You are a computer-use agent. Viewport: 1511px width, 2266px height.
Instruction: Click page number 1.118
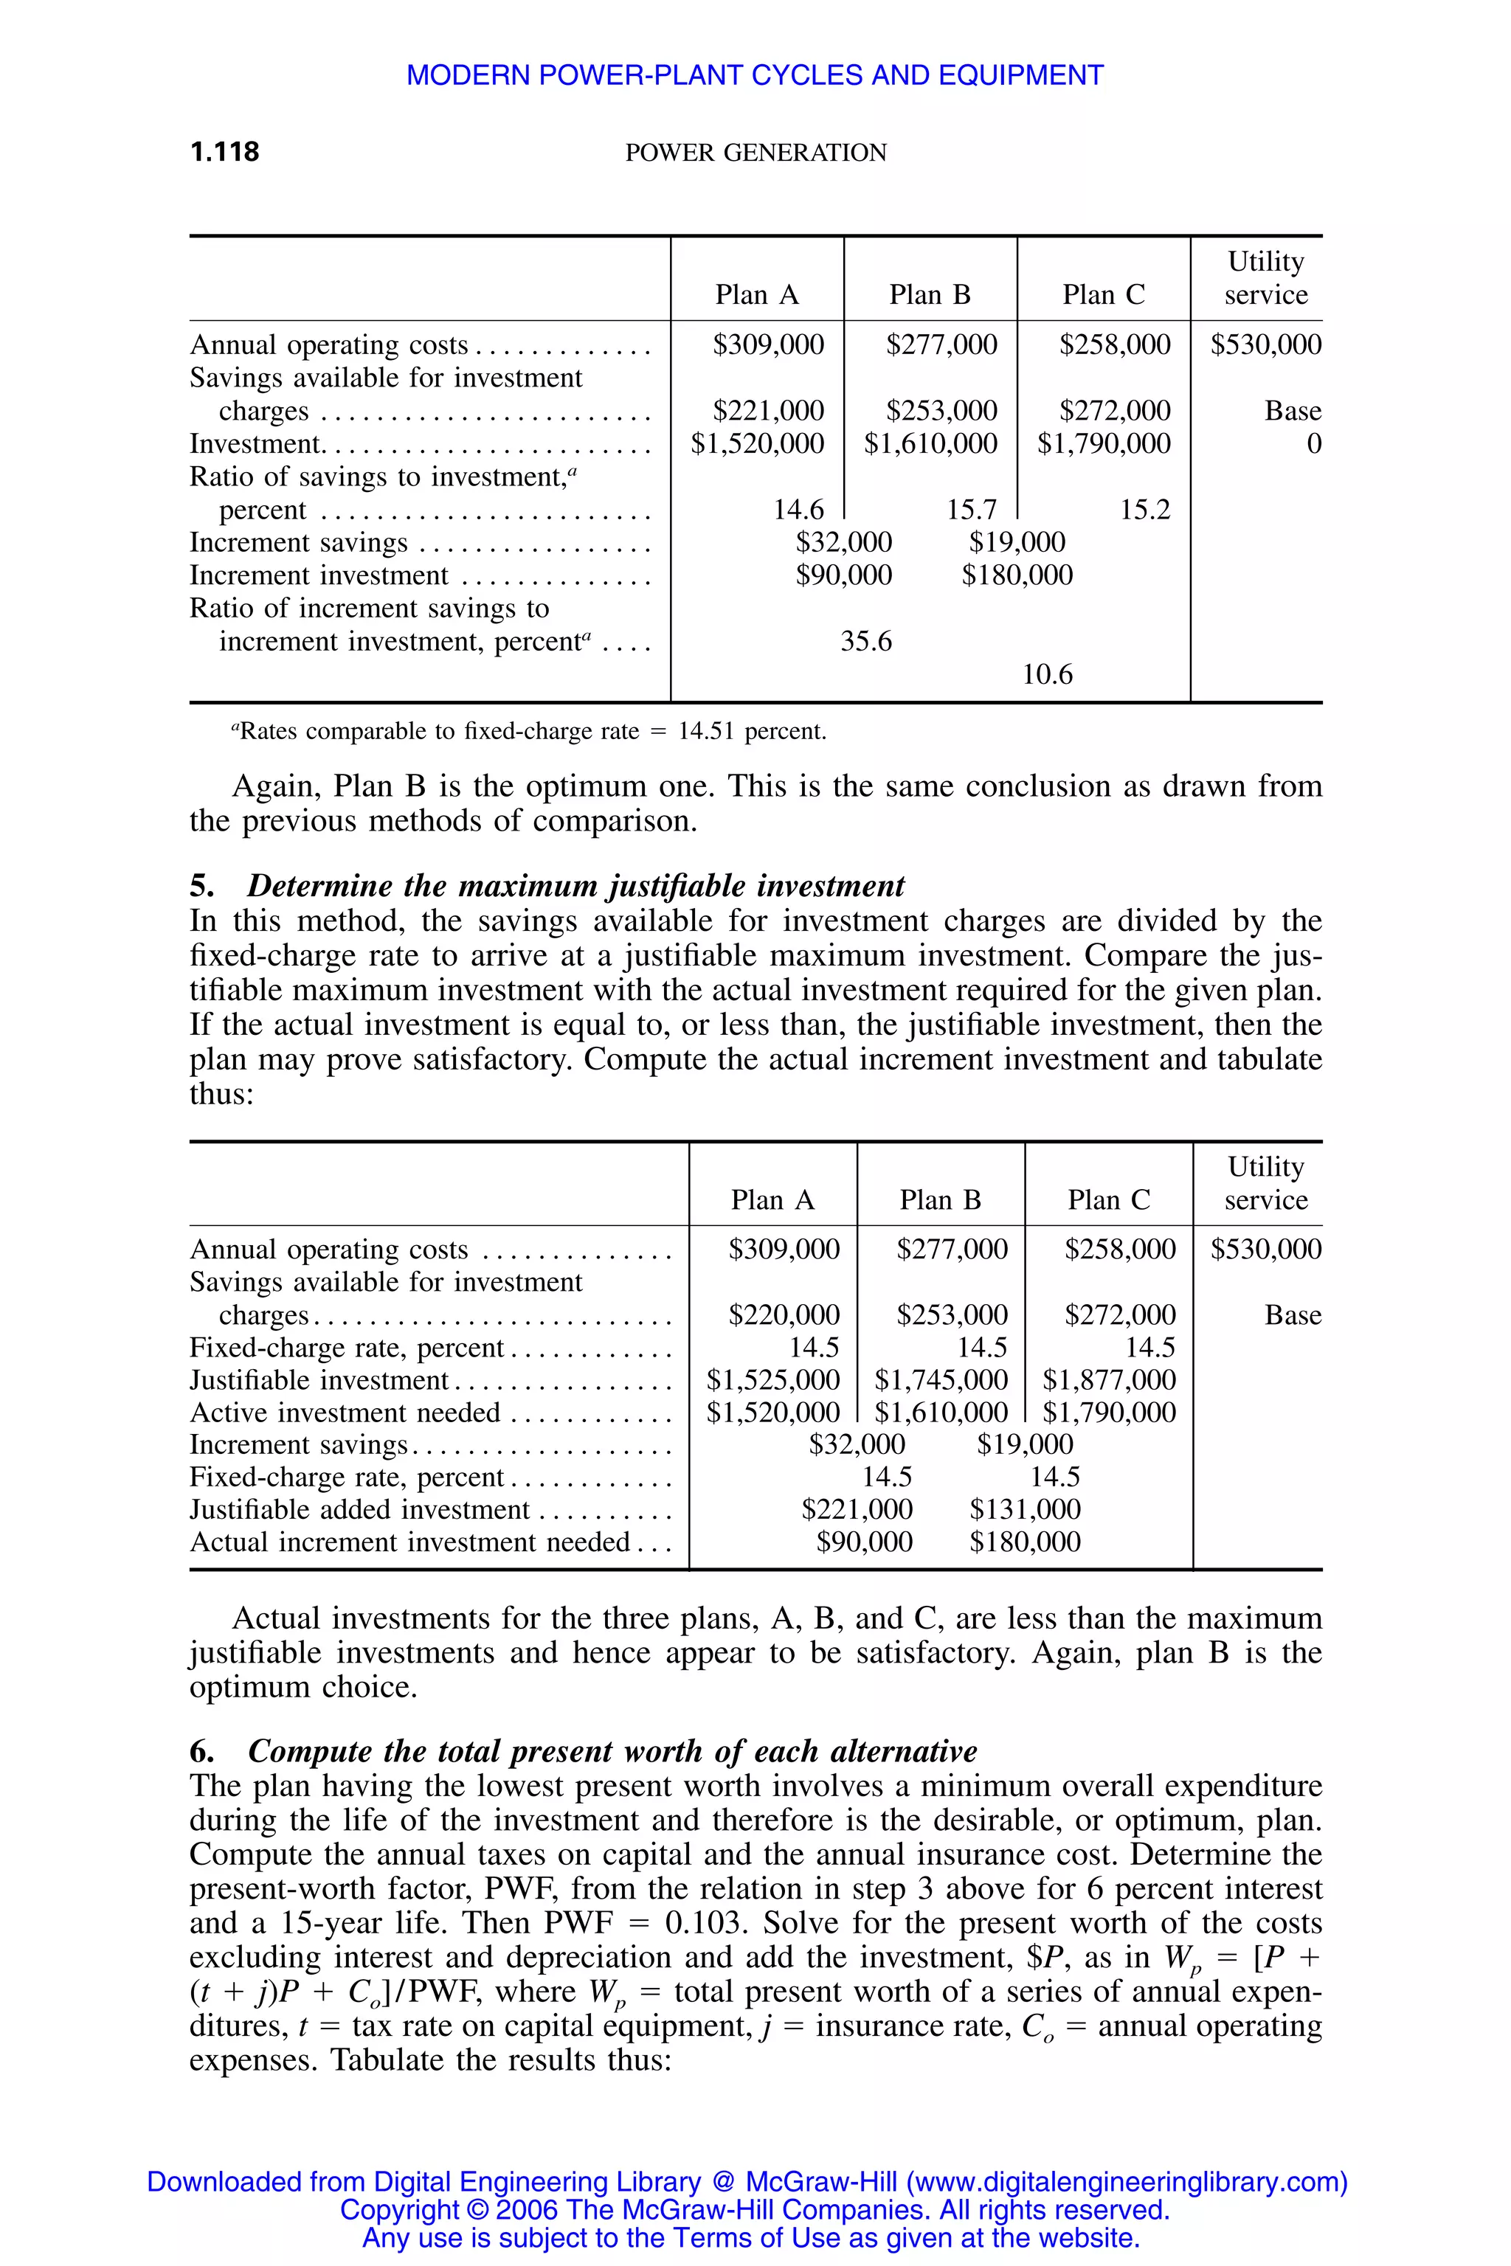[x=224, y=151]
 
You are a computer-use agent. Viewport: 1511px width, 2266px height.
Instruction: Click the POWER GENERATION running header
[x=755, y=152]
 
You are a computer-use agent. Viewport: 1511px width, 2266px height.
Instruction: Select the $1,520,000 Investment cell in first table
[x=758, y=443]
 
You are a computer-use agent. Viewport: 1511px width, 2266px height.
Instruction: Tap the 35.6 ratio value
[x=865, y=641]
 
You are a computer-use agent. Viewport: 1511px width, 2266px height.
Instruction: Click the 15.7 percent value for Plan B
[x=972, y=509]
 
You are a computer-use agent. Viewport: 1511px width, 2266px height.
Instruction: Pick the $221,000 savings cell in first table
[x=768, y=410]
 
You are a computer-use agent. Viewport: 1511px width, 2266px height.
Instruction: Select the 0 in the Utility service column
[x=1313, y=443]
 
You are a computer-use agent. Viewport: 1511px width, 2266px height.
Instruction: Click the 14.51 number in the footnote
[x=705, y=731]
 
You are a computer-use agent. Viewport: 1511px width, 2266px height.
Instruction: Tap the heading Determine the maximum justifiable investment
[x=575, y=885]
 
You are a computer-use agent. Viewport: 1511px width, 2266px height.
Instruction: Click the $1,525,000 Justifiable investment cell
[x=773, y=1379]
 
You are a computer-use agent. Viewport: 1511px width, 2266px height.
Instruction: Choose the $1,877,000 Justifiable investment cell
[x=1109, y=1379]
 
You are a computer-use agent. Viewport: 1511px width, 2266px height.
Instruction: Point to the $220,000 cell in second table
[x=784, y=1314]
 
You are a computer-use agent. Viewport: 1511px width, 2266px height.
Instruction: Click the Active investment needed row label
[x=345, y=1413]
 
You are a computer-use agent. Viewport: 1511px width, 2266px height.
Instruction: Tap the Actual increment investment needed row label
[x=409, y=1542]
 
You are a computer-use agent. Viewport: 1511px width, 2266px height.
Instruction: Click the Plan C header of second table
[x=1108, y=1199]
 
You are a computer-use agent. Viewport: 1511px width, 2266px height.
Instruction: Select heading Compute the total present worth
[x=612, y=1750]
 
